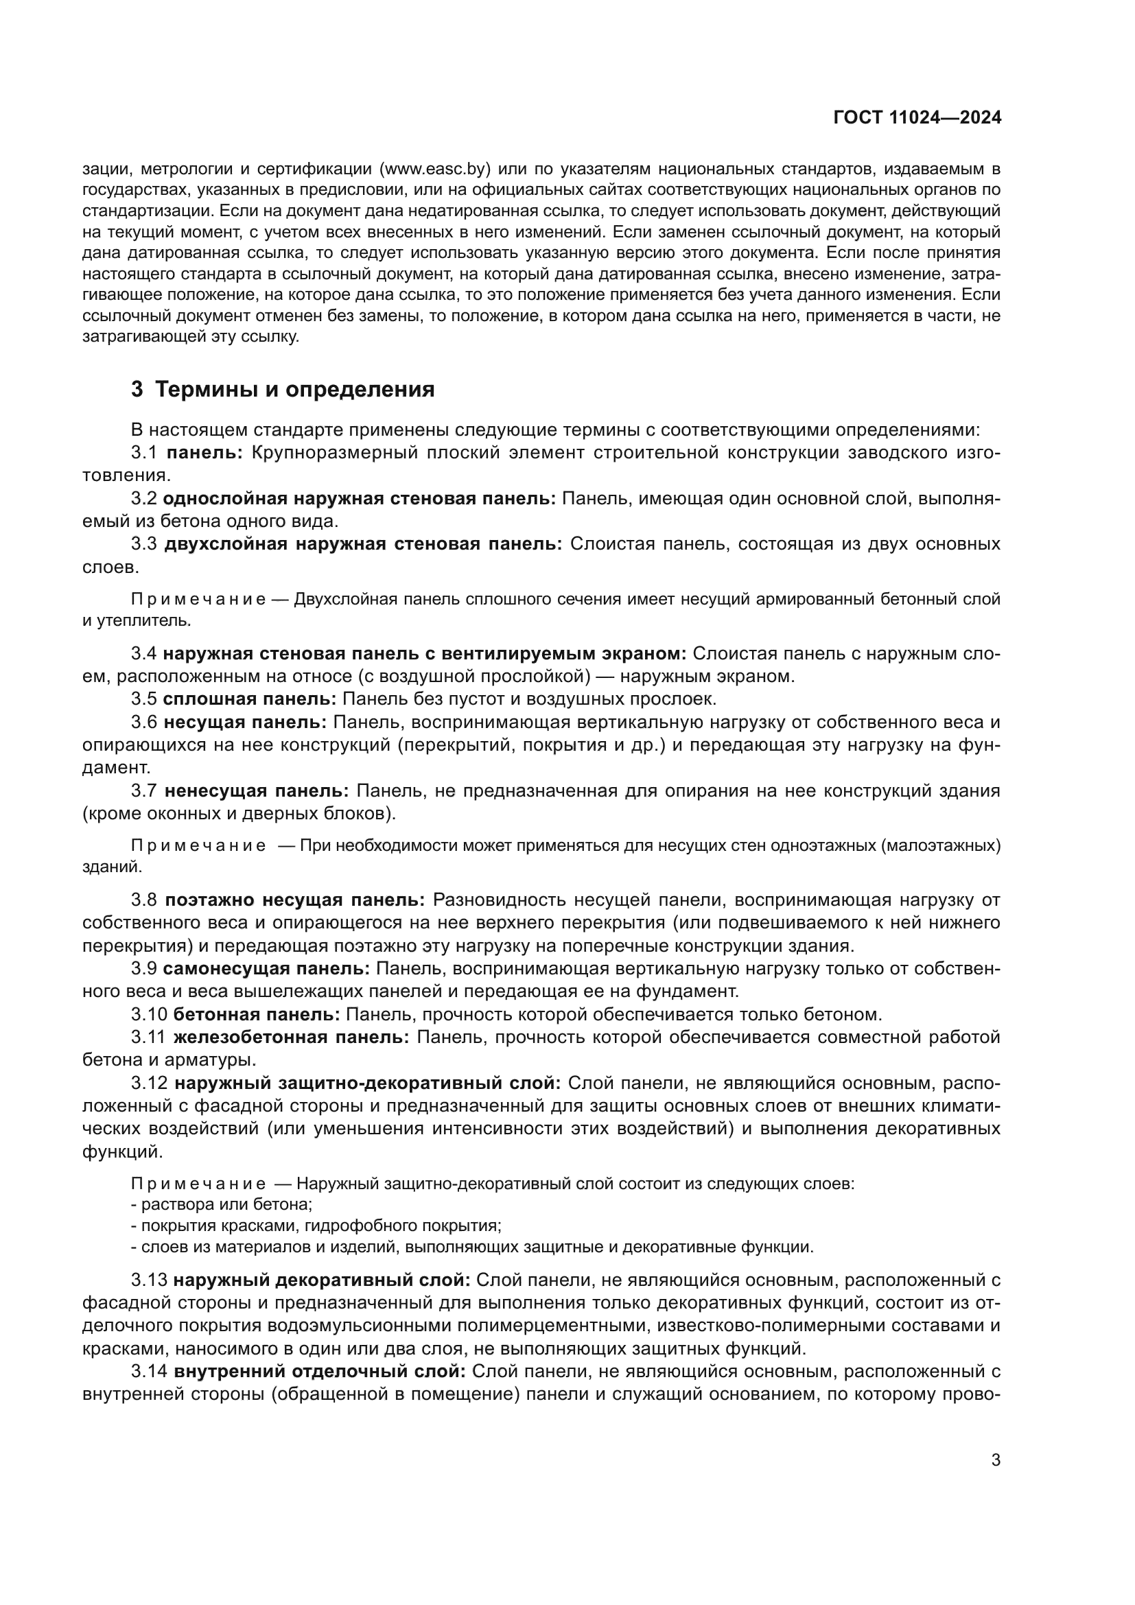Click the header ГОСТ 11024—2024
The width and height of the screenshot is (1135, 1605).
[x=917, y=117]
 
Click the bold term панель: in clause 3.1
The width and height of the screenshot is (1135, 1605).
[x=204, y=453]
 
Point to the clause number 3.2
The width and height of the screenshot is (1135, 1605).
[x=144, y=498]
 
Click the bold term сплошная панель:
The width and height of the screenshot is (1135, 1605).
[x=250, y=699]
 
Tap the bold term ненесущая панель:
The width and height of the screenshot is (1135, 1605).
[x=257, y=790]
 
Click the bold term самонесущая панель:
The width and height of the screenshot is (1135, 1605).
[x=266, y=969]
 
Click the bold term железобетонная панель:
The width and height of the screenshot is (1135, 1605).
[x=291, y=1038]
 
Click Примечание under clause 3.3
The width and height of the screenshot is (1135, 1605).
[x=198, y=600]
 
